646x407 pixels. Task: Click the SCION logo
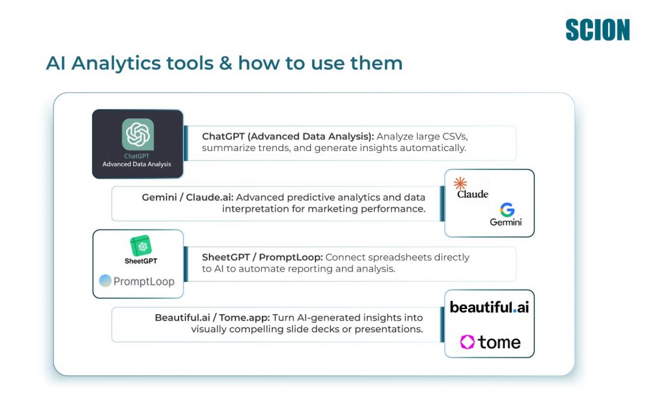coord(597,30)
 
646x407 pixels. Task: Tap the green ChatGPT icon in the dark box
coord(138,134)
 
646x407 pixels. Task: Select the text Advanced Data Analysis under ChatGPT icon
coord(137,164)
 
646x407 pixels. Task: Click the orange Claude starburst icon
coord(461,184)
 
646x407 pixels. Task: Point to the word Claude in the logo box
coord(473,194)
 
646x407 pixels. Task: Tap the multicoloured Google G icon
coord(507,210)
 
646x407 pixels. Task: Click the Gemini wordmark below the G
coord(505,222)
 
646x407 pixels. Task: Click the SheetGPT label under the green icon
coord(141,260)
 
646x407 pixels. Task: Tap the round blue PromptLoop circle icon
coord(105,281)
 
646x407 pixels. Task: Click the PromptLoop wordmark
coord(144,281)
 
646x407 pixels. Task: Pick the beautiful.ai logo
coord(489,307)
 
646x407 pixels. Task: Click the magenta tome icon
coord(467,342)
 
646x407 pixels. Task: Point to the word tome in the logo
coord(499,342)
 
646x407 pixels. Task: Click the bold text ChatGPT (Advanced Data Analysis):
coord(288,136)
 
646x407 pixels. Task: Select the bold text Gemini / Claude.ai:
coord(187,197)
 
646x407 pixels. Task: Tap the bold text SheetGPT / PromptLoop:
coord(262,257)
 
